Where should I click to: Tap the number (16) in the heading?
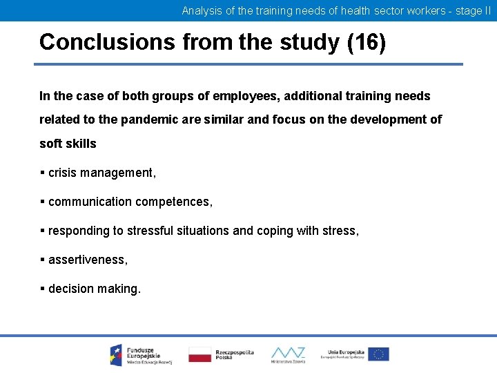367,42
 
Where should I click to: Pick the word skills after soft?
81,144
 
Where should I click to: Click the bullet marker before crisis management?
42,173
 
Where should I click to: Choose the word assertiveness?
88,260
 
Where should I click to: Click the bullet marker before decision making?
42,289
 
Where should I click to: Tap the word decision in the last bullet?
71,289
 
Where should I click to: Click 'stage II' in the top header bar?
473,10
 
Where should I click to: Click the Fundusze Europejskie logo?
141,354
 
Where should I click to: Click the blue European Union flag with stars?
378,354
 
